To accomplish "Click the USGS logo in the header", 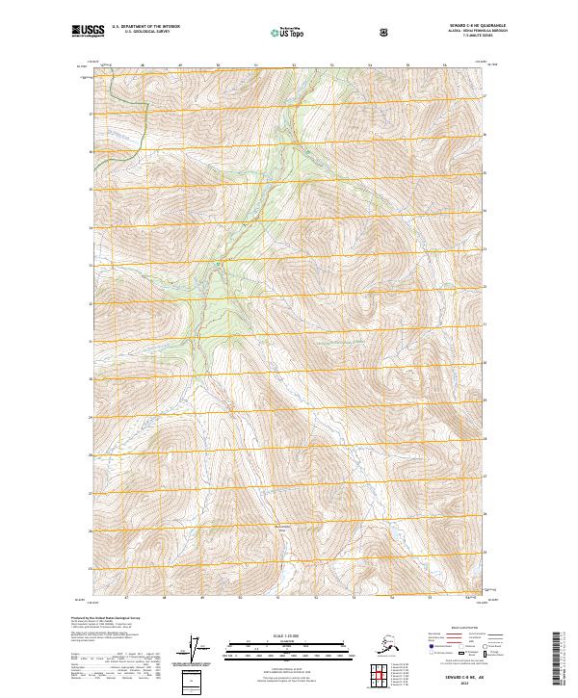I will [x=89, y=31].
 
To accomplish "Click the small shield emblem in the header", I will [x=384, y=33].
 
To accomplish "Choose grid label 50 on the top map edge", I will [x=219, y=65].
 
